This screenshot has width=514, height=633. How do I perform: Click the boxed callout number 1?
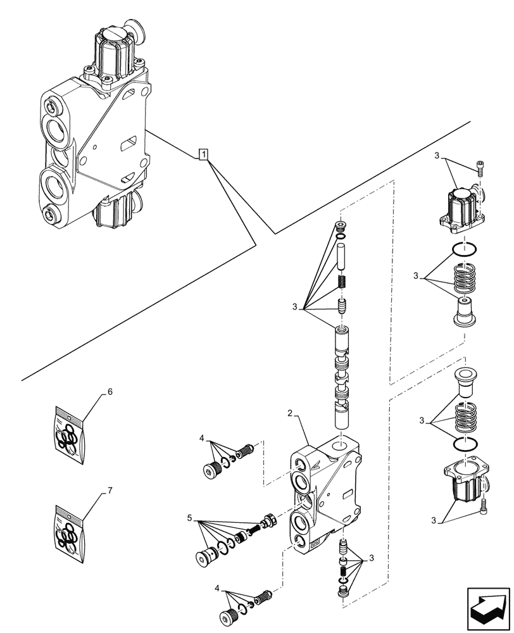203,154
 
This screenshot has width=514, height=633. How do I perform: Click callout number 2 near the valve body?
289,413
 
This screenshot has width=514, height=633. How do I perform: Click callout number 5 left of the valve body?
189,518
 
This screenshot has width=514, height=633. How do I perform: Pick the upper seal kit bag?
68,437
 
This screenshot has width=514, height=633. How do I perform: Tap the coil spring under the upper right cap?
467,278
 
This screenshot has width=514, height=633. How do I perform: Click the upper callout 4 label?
202,438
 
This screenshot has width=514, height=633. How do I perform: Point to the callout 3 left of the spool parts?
295,308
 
